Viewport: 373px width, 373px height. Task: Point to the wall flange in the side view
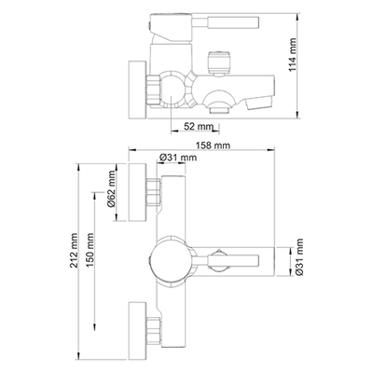(x=134, y=90)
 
